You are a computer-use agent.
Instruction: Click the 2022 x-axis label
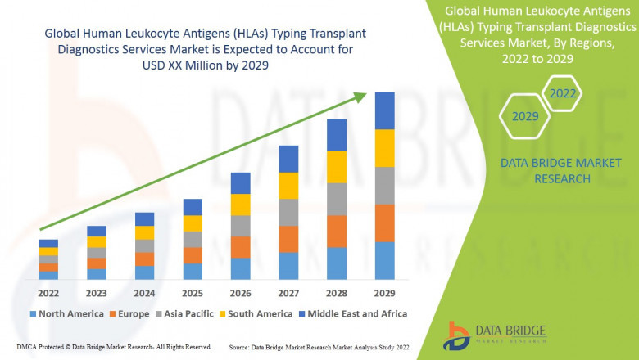pos(48,293)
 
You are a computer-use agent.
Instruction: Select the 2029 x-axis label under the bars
pos(384,293)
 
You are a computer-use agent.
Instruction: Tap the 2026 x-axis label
pos(240,293)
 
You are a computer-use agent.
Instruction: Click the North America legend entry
pos(66,313)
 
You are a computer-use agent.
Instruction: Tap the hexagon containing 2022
pos(562,93)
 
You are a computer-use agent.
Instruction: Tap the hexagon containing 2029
pos(525,117)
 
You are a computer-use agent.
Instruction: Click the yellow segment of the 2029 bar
pos(384,148)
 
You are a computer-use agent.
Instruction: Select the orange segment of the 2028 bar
pos(336,231)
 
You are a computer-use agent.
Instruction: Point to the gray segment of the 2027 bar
pos(288,212)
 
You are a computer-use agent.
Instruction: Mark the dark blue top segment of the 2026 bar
pos(240,182)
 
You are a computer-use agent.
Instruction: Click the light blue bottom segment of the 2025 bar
pos(193,271)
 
